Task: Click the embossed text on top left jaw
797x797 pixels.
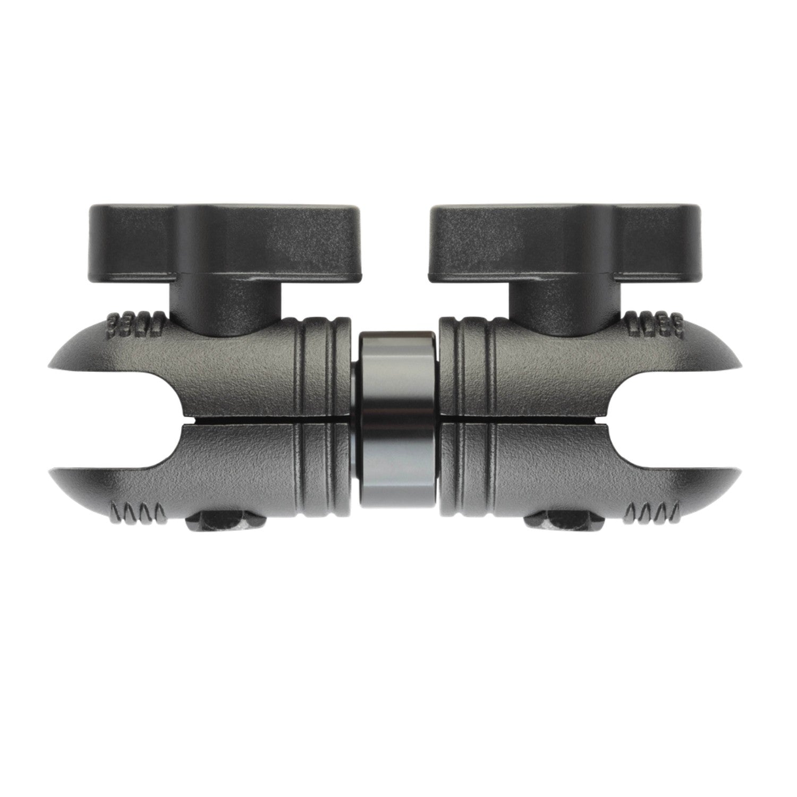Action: (135, 324)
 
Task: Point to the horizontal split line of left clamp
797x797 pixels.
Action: (255, 420)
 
